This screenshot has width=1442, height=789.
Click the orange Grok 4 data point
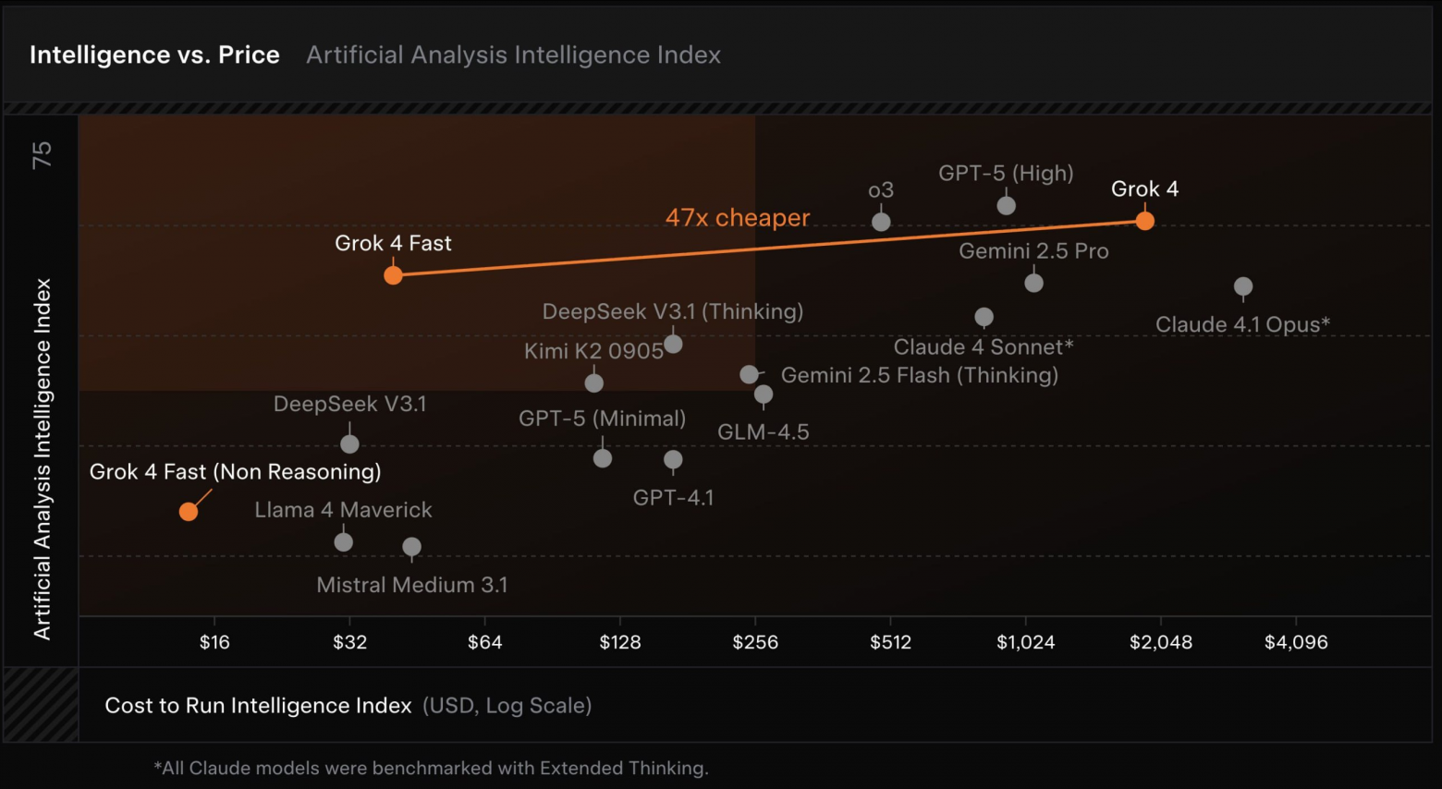click(x=1144, y=221)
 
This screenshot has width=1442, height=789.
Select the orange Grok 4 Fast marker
click(x=393, y=275)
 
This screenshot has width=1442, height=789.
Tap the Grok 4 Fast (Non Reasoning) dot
click(x=189, y=512)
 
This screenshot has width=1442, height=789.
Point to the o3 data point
click(x=881, y=222)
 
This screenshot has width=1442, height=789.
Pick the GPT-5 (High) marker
click(x=1006, y=205)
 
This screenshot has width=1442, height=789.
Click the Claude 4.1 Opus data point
click(x=1243, y=286)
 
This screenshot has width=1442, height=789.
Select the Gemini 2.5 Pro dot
click(x=1033, y=283)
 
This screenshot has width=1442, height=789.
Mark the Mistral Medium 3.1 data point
click(x=412, y=547)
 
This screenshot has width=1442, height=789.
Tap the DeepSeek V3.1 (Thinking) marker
click(x=673, y=344)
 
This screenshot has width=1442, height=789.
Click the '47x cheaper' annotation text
click(x=738, y=218)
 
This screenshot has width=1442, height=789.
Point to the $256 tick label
click(x=755, y=642)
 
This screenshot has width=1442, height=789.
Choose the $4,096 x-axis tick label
click(x=1296, y=642)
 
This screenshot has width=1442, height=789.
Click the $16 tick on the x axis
click(x=214, y=642)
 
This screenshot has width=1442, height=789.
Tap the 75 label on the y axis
click(x=43, y=154)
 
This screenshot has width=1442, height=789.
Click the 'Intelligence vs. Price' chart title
click(x=154, y=55)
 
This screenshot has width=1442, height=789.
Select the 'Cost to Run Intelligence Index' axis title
click(x=258, y=706)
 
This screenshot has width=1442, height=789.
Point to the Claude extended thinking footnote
click(x=431, y=768)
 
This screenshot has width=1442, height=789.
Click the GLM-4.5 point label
click(x=764, y=432)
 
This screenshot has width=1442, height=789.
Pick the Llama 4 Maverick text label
click(x=343, y=510)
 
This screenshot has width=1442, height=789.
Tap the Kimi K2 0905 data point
click(x=594, y=382)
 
